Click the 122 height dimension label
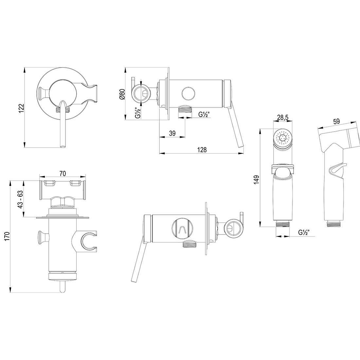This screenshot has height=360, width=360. point(21,108)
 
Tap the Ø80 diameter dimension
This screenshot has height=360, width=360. point(122,94)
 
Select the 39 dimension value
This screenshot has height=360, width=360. point(172,133)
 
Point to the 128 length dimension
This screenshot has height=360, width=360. point(202,150)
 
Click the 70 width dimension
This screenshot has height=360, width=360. point(63,173)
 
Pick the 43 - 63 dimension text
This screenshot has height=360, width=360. point(21,199)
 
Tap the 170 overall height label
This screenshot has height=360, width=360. point(7,236)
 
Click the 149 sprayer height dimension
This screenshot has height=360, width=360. point(257,180)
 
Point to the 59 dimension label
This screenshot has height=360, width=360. point(336,121)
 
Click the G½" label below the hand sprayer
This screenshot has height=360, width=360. point(303,232)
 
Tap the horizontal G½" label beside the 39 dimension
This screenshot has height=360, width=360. point(204,114)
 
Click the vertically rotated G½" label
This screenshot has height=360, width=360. point(138,113)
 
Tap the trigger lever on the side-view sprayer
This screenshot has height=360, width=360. point(336,169)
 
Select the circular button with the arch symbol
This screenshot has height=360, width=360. point(183,228)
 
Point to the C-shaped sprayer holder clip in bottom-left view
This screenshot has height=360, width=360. point(88,242)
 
